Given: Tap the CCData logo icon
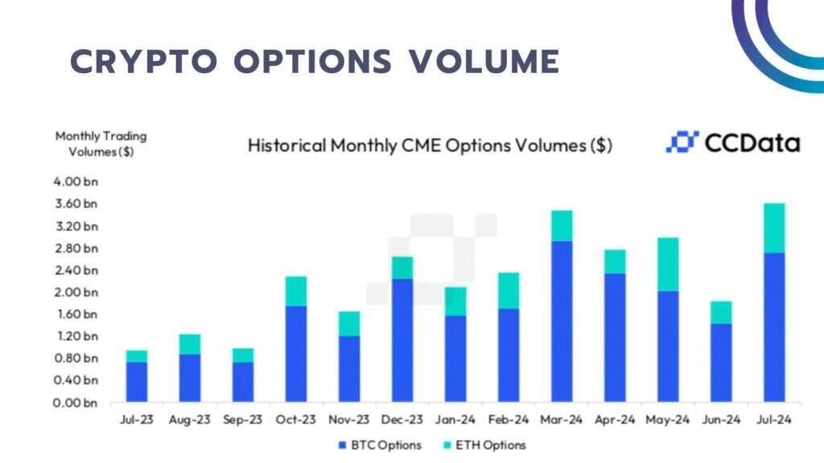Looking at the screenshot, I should pyautogui.click(x=682, y=143).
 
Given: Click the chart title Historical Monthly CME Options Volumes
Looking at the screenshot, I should pyautogui.click(x=430, y=145).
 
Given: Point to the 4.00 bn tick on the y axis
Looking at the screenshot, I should pyautogui.click(x=76, y=182).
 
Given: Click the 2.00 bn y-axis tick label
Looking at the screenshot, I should pyautogui.click(x=76, y=292).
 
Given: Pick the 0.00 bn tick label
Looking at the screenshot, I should pyautogui.click(x=76, y=402).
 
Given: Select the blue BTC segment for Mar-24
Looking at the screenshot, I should pyautogui.click(x=562, y=322).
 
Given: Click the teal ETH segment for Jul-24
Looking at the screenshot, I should pyautogui.click(x=774, y=228).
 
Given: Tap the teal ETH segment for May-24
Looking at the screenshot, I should pyautogui.click(x=668, y=264).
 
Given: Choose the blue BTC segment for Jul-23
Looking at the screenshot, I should pyautogui.click(x=137, y=382).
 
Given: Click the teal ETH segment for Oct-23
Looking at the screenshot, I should pyautogui.click(x=296, y=291).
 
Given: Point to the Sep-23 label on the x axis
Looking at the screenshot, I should pyautogui.click(x=243, y=420).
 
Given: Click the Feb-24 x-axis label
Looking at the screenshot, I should pyautogui.click(x=509, y=420).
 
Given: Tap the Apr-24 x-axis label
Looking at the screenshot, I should pyautogui.click(x=615, y=420).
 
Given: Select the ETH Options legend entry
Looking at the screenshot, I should pyautogui.click(x=488, y=445).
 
